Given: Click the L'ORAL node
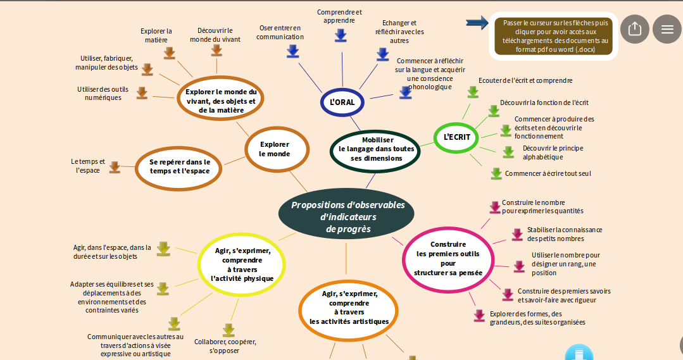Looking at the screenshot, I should click(342, 102).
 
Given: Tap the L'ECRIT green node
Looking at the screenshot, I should click(456, 137).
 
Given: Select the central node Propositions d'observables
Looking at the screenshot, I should click(347, 216).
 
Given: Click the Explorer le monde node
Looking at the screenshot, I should click(276, 149).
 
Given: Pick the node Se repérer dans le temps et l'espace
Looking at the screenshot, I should click(179, 166).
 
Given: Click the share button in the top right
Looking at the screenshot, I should click(634, 29).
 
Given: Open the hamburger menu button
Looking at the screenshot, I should click(667, 29).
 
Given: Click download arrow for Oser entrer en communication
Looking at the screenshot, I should click(292, 51).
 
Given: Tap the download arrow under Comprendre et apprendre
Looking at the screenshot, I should click(341, 35).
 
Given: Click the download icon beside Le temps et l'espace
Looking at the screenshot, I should click(115, 166).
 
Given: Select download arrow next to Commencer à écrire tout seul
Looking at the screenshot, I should click(496, 173).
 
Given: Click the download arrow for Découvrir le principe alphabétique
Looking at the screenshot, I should click(508, 152).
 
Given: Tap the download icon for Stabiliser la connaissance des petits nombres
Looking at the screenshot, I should click(517, 234).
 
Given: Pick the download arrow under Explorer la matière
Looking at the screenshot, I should click(169, 53).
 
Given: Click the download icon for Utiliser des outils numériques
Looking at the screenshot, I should click(142, 93).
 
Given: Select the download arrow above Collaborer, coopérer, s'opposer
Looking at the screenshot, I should click(229, 330).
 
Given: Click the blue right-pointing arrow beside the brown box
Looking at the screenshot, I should click(477, 23).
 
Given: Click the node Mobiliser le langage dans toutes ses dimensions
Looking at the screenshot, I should click(375, 149).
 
